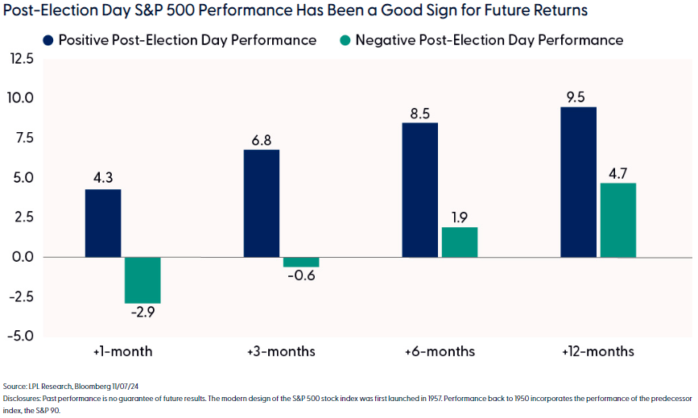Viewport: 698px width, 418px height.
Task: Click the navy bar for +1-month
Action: click(102, 223)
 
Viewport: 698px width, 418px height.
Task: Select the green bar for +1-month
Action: click(142, 279)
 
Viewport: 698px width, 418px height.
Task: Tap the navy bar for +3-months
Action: click(261, 203)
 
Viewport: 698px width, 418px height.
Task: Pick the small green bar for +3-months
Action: click(300, 262)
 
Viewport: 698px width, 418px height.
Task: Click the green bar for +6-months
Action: click(459, 242)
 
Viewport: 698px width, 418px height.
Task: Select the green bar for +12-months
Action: click(617, 220)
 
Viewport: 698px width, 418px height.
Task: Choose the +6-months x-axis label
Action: click(440, 352)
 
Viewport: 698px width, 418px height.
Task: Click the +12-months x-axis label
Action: click(598, 352)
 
